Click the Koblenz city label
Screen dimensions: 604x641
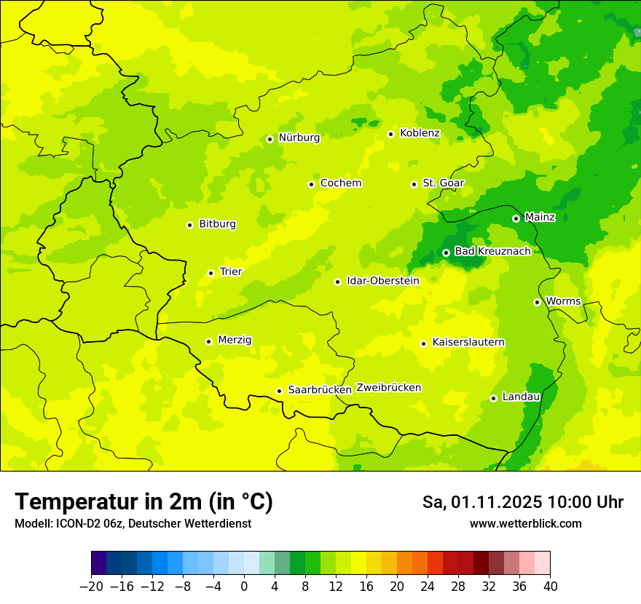click(x=420, y=133)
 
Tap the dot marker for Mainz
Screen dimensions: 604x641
click(x=516, y=218)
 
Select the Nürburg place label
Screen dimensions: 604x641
click(x=299, y=138)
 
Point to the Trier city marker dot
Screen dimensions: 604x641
click(x=211, y=273)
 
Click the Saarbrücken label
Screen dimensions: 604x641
click(x=320, y=390)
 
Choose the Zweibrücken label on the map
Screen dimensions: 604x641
click(x=388, y=388)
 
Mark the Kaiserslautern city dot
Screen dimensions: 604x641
click(x=423, y=343)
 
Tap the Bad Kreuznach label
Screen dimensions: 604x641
click(x=492, y=251)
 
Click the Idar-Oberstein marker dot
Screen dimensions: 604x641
click(x=337, y=282)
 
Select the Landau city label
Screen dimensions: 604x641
click(x=521, y=397)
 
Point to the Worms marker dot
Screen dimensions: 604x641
click(x=537, y=302)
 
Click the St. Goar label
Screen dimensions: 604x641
click(x=443, y=183)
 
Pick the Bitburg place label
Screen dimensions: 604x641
click(x=217, y=224)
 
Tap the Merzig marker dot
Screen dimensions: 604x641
click(x=208, y=341)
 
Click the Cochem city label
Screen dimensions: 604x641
click(x=340, y=183)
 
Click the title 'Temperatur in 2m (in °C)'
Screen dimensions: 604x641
click(x=143, y=501)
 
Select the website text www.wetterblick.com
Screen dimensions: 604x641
click(x=525, y=524)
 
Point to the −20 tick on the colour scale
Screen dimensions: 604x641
click(x=91, y=587)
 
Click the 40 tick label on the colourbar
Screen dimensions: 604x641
click(x=550, y=587)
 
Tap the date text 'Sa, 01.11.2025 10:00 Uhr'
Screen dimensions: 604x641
click(x=522, y=502)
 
